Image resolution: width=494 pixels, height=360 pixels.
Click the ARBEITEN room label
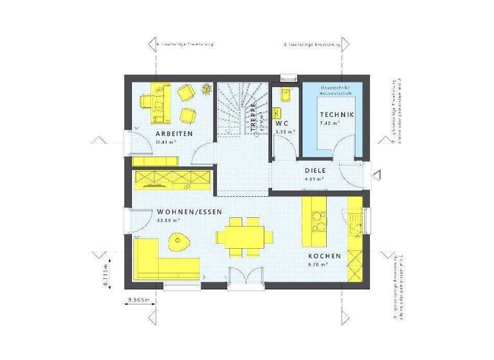pyautogui.click(x=174, y=134)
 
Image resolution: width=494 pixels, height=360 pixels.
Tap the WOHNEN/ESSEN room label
pyautogui.click(x=188, y=211)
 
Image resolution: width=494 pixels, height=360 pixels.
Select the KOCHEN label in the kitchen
pyautogui.click(x=324, y=255)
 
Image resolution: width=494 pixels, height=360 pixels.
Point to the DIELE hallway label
pyautogui.click(x=315, y=170)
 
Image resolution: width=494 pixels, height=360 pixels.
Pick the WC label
pyautogui.click(x=282, y=123)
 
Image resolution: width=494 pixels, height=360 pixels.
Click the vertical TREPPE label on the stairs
pyautogui.click(x=253, y=116)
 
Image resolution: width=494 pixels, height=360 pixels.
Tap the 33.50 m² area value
pyautogui.click(x=169, y=220)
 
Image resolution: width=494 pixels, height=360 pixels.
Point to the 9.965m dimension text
pyautogui.click(x=138, y=300)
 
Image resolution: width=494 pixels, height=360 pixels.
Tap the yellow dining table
pyautogui.click(x=239, y=235)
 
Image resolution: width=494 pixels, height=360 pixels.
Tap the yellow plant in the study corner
pyautogui.click(x=206, y=89)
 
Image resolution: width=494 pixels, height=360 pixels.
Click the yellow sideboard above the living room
pyautogui.click(x=172, y=178)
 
